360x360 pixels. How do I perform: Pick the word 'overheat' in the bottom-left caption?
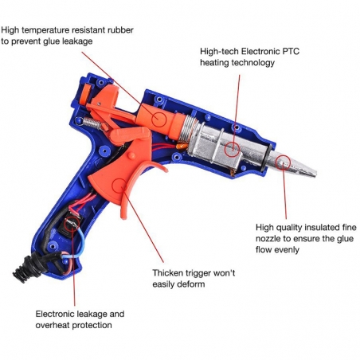click(x=56, y=325)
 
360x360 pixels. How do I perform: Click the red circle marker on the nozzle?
click(x=282, y=163)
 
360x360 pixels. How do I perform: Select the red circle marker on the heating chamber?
click(x=232, y=148)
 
